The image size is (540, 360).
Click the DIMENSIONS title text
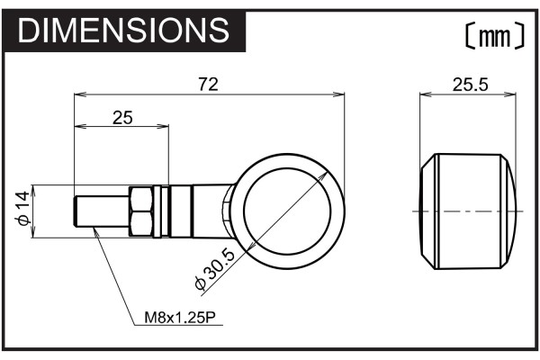tap(123, 30)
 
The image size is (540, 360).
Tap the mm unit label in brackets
tap(495, 35)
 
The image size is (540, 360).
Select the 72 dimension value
tap(209, 85)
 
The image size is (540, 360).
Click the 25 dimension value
tap(122, 118)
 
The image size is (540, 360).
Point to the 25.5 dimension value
tap(470, 85)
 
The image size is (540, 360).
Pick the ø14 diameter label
tap(23, 209)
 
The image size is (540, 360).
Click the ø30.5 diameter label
tap(215, 270)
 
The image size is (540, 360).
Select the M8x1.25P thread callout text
tap(180, 318)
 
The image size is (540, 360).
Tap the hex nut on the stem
tap(141, 211)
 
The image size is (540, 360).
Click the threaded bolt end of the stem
tap(102, 211)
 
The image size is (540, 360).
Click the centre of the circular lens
tap(287, 211)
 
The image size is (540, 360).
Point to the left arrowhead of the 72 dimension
tap(80, 94)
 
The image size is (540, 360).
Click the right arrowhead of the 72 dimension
tap(339, 94)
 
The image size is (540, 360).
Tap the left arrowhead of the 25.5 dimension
tap(426, 94)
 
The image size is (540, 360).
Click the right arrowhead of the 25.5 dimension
tap(510, 94)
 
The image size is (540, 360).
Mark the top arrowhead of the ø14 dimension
tap(33, 191)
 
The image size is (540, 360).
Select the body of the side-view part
tap(468, 211)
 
